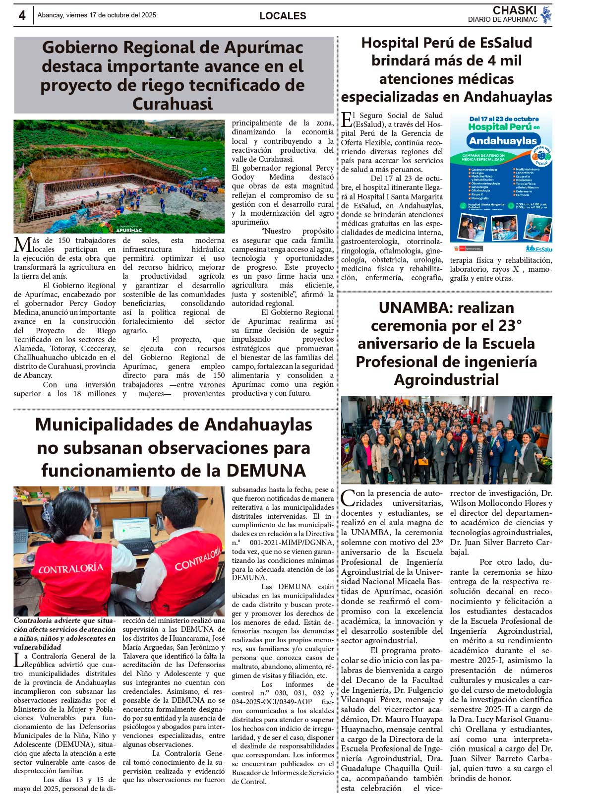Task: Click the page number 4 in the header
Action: (22, 15)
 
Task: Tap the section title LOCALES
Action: (283, 16)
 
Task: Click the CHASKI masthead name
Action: (515, 10)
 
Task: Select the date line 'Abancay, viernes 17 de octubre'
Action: (97, 15)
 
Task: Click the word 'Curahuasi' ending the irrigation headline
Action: (173, 104)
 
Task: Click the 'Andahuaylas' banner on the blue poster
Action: (503, 141)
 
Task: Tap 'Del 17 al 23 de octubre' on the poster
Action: (504, 119)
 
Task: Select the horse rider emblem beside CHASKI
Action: (546, 14)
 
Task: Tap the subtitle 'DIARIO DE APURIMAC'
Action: (502, 20)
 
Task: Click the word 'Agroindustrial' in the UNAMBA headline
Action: (446, 380)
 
